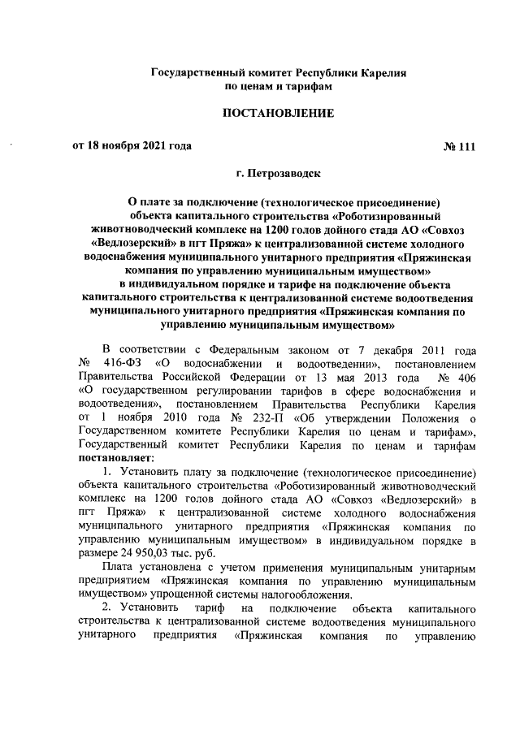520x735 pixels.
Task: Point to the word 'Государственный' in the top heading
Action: click(x=201, y=73)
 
